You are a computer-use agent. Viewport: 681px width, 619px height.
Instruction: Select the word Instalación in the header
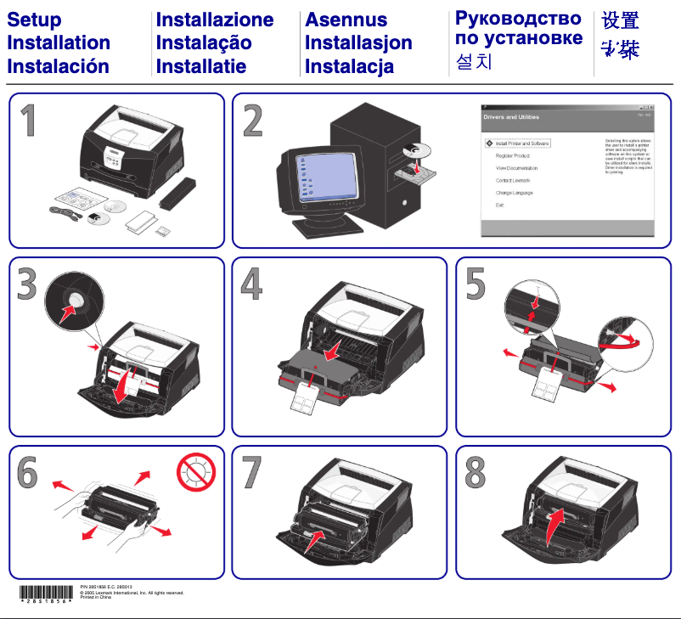coord(58,65)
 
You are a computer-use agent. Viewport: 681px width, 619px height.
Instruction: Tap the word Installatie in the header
coord(201,65)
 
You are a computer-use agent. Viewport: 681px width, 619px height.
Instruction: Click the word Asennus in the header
coord(346,20)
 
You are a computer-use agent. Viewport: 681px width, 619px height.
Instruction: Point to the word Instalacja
coord(349,65)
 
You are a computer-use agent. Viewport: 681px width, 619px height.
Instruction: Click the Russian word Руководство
coord(518,19)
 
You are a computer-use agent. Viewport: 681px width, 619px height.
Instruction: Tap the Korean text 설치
coord(474,62)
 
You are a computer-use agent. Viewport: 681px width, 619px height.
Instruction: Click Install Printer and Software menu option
coord(523,143)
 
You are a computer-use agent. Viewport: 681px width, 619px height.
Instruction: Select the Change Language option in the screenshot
coord(514,193)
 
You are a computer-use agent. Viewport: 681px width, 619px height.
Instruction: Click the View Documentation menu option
coord(516,168)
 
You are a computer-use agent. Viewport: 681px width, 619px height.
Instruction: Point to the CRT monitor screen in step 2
coord(324,177)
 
